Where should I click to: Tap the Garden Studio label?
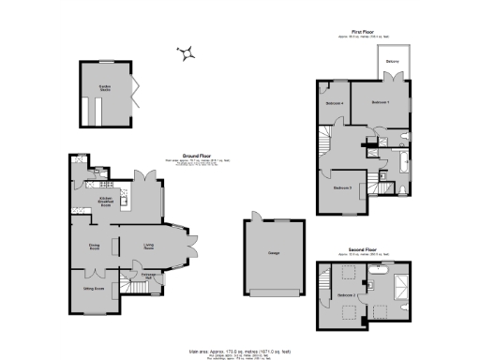[105, 88]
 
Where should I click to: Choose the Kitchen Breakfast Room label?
[106, 201]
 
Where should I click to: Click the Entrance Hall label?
[148, 276]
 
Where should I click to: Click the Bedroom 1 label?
[380, 101]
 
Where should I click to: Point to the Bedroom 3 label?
[342, 187]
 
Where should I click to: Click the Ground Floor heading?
[196, 157]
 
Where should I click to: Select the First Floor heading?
[364, 32]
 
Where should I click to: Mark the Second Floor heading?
[363, 249]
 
